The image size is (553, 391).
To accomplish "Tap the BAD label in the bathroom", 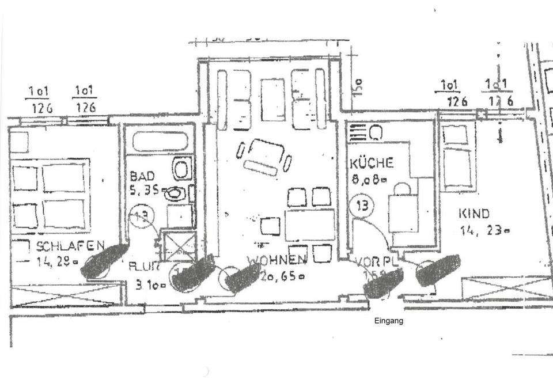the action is (x=142, y=176).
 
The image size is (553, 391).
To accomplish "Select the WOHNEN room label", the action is (x=276, y=261).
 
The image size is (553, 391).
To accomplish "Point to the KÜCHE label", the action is (x=372, y=164).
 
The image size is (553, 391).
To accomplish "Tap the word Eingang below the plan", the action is (x=389, y=321).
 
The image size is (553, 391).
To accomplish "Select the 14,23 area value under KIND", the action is (x=484, y=231).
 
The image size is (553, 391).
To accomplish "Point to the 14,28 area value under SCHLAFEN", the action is (x=58, y=262).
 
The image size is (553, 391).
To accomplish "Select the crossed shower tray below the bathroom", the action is (x=178, y=246).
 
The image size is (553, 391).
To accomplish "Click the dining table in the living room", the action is (x=309, y=225).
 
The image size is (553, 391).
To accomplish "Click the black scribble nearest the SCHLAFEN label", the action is (x=105, y=260).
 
